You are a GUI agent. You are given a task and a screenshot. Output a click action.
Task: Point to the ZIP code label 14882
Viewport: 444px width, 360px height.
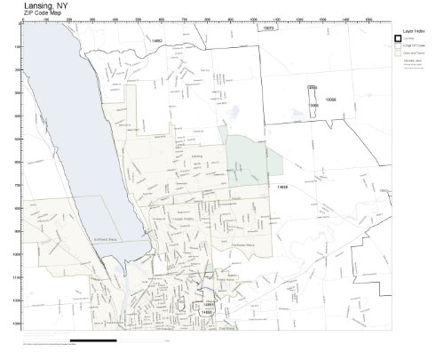[158, 41]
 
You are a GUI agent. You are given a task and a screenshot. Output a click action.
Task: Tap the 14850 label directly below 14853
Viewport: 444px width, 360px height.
[207, 312]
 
